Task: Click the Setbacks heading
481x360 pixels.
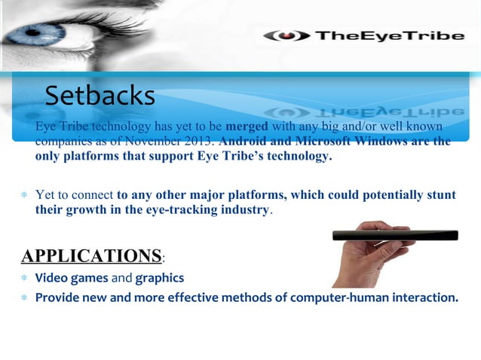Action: pyautogui.click(x=100, y=96)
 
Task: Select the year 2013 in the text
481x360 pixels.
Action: pyautogui.click(x=201, y=141)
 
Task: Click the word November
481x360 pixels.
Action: pyautogui.click(x=158, y=141)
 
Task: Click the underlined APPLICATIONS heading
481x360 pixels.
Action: pyautogui.click(x=91, y=255)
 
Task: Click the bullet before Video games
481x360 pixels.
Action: pyautogui.click(x=25, y=279)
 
